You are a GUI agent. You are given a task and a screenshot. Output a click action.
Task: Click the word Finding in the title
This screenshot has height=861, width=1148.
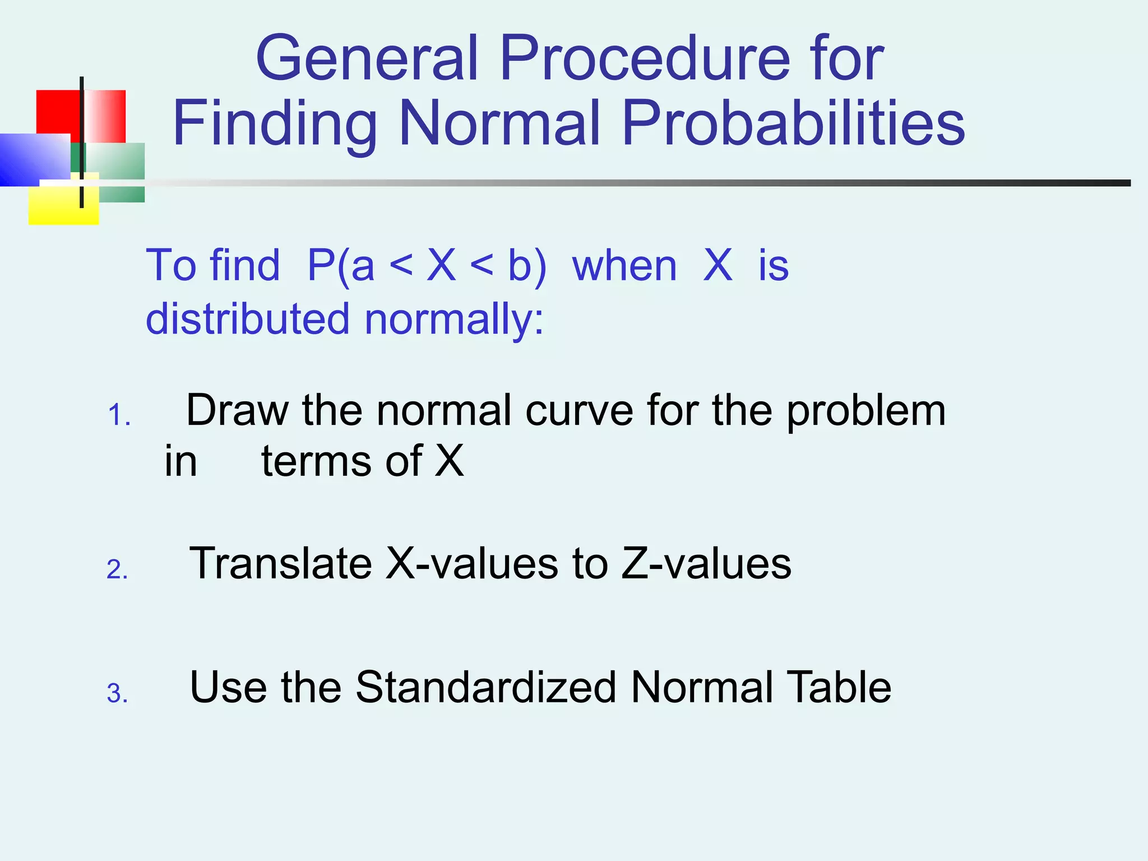pyautogui.click(x=275, y=124)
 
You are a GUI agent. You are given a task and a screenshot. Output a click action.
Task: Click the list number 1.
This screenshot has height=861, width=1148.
pyautogui.click(x=118, y=416)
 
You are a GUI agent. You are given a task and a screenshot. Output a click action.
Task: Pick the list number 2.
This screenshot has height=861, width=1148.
pyautogui.click(x=117, y=570)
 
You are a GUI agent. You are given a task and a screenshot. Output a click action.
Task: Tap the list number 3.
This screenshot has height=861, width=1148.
pyautogui.click(x=117, y=693)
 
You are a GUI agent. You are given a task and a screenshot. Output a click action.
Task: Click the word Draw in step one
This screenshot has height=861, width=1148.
pyautogui.click(x=238, y=410)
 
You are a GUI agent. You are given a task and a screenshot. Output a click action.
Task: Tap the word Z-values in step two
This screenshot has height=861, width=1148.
pyautogui.click(x=706, y=563)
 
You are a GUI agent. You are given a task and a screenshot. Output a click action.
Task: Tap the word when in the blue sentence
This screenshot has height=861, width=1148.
pyautogui.click(x=624, y=266)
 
